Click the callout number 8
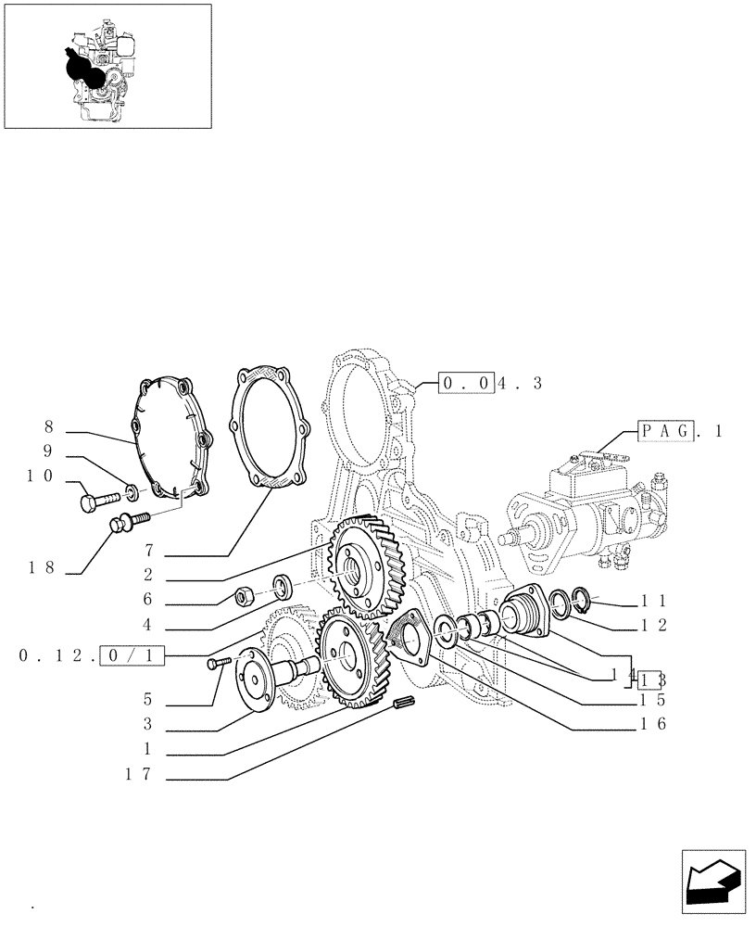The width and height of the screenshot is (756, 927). pyautogui.click(x=48, y=427)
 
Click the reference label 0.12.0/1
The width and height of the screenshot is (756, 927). pyautogui.click(x=91, y=656)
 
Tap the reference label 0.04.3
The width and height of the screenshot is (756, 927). pyautogui.click(x=490, y=383)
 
